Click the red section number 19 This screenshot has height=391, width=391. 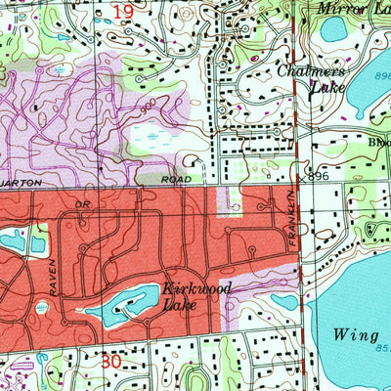click(121, 12)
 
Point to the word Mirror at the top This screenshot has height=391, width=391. click(338, 9)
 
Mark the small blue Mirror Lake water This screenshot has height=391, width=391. click(334, 29)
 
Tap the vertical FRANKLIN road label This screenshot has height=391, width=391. click(289, 222)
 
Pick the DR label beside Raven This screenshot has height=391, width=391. click(81, 205)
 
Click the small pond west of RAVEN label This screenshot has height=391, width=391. click(15, 239)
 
